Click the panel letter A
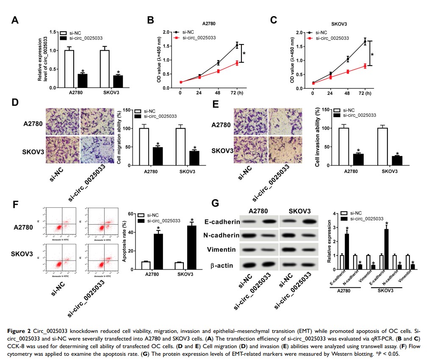click(15, 20)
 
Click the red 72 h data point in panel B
click(237, 63)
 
